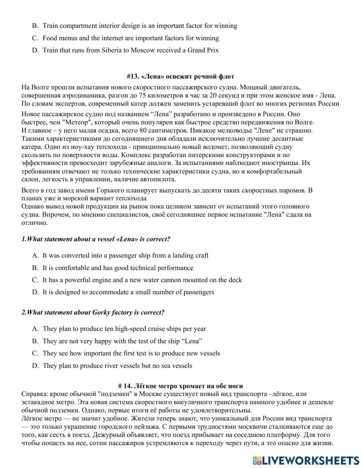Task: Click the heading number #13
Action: (133, 76)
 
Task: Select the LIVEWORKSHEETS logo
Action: (306, 460)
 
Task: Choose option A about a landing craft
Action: (125, 256)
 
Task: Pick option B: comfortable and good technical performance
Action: (118, 268)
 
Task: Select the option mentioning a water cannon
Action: (142, 280)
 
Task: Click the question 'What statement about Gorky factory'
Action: (93, 312)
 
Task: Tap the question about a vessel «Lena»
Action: (96, 239)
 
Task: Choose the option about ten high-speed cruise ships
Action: (124, 329)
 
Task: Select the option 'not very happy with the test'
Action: (122, 341)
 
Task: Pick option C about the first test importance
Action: (131, 353)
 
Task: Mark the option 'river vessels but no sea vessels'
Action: (117, 366)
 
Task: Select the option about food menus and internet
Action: (130, 38)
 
